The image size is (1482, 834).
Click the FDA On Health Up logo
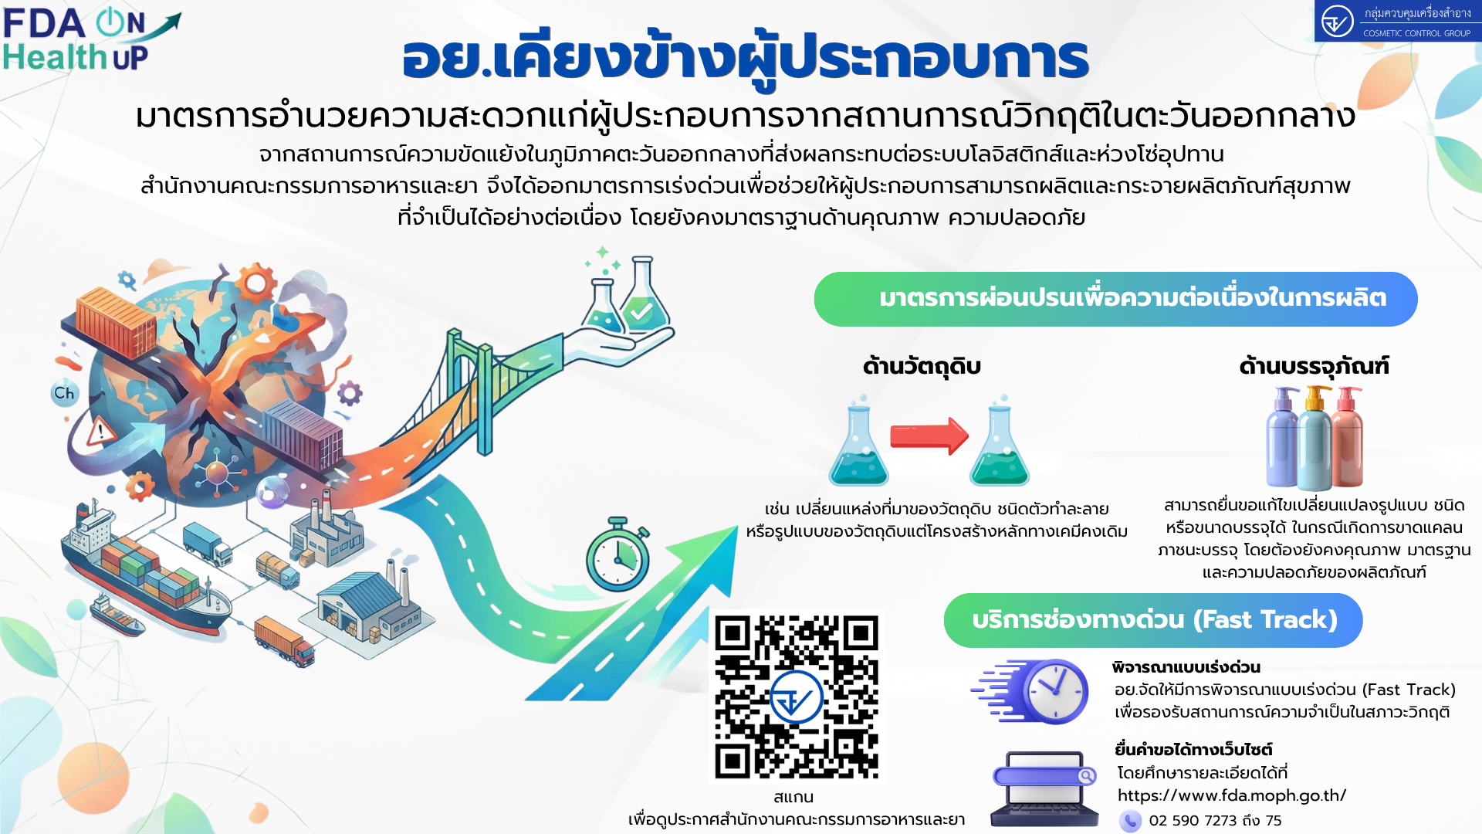coord(91,40)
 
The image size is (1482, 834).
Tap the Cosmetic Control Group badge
coord(1398,21)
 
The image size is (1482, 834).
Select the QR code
coord(797,697)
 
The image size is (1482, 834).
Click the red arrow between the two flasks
coord(929,436)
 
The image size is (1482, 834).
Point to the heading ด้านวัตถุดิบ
coord(922,366)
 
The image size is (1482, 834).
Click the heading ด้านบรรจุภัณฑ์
coord(1314,366)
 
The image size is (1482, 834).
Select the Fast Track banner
coord(1153,620)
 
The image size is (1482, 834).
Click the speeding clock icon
coord(1030,691)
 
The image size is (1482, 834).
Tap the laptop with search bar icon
coord(1044,788)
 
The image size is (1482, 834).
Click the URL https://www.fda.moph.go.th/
coord(1232,795)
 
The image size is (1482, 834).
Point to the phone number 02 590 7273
coord(1193,820)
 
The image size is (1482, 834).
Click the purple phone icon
coord(1130,820)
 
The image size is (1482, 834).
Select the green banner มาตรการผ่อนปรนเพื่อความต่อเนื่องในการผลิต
coord(1115,299)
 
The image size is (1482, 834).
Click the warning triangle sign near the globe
coord(100,432)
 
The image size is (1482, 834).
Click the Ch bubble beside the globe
coord(64,393)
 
